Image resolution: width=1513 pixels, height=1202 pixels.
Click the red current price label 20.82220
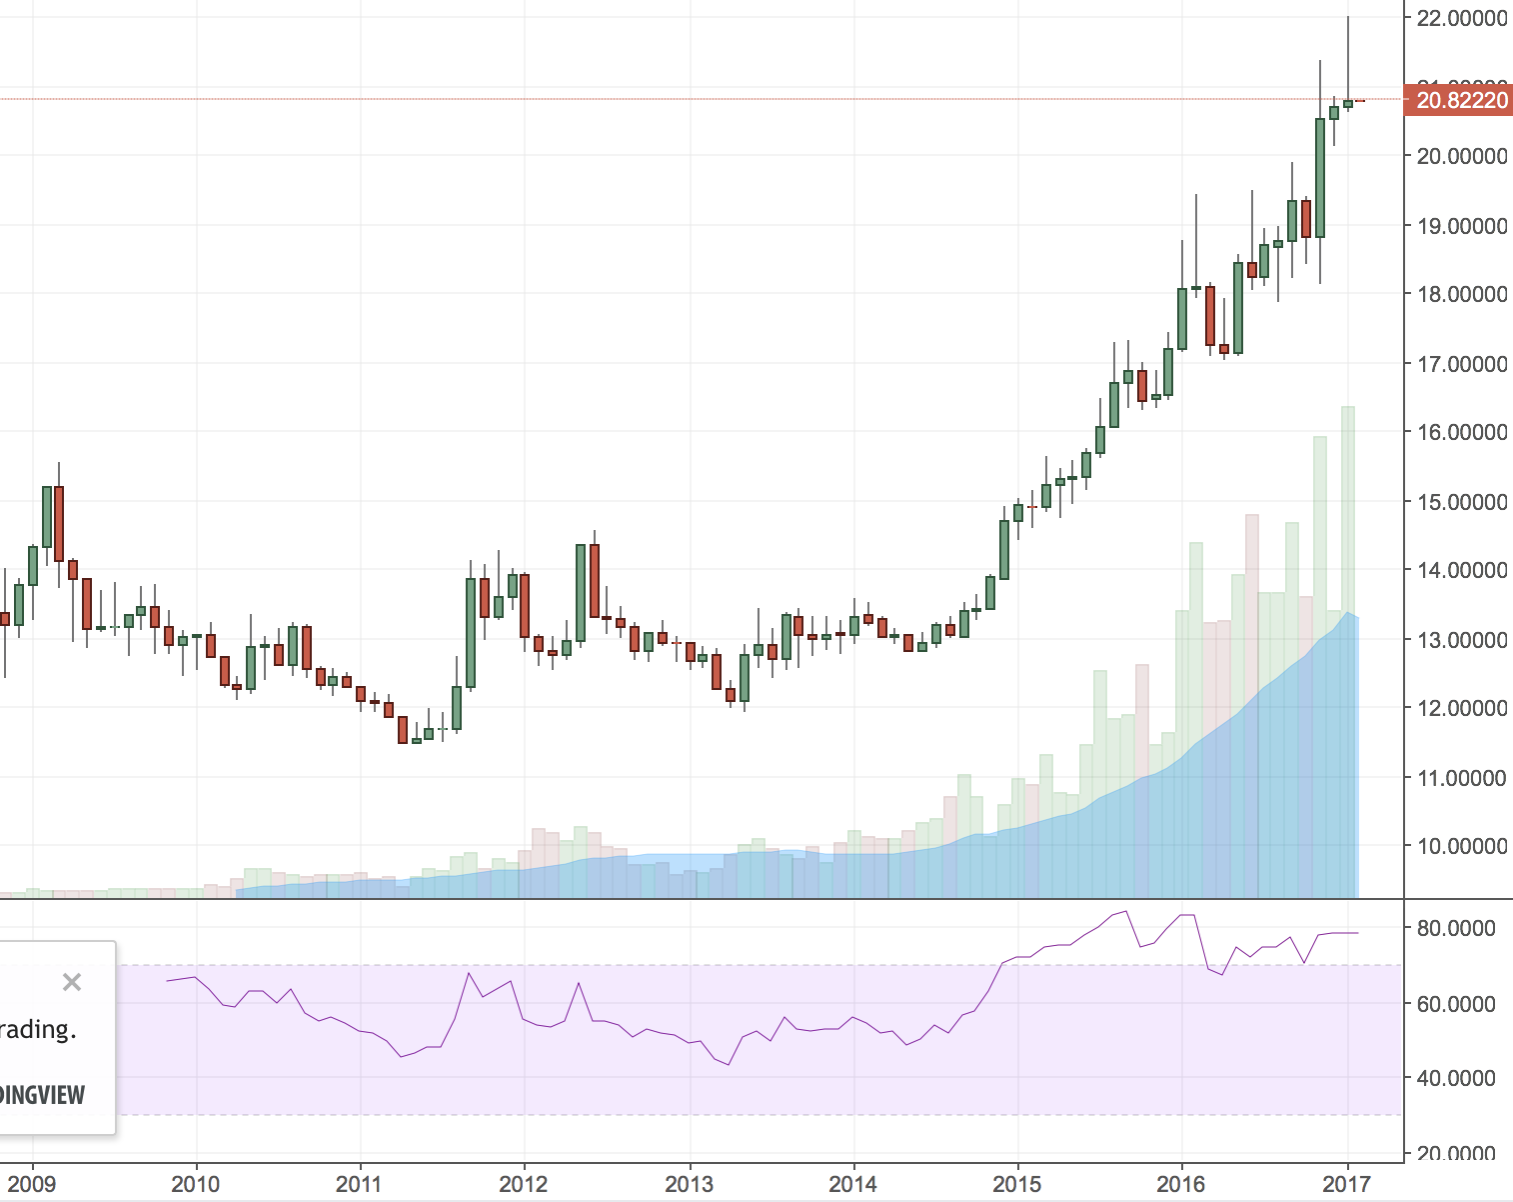[x=1461, y=100]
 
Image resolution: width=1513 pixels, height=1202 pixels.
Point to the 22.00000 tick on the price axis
[x=1461, y=18]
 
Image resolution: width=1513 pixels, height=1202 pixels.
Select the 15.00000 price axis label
[x=1461, y=502]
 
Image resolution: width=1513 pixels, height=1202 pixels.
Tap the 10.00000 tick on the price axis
[x=1461, y=846]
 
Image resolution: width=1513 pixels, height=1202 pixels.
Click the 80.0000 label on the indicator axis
[x=1456, y=928]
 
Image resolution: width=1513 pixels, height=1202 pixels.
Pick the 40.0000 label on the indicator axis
[x=1456, y=1078]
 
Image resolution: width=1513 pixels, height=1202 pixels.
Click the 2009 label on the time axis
[x=32, y=1184]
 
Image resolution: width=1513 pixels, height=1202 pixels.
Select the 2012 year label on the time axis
[x=524, y=1184]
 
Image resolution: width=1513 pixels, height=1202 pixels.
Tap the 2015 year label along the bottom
[x=1016, y=1184]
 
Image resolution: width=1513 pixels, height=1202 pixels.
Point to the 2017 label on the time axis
[x=1345, y=1184]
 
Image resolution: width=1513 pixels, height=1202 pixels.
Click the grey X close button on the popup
[x=72, y=982]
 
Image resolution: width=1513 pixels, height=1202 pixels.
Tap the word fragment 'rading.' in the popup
[x=38, y=1029]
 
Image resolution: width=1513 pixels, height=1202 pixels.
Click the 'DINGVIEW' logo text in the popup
[x=42, y=1095]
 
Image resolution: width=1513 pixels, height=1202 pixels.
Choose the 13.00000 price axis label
[x=1461, y=640]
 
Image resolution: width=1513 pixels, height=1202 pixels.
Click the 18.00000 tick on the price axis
[x=1461, y=294]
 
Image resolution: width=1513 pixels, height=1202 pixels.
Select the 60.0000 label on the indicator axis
[x=1456, y=1004]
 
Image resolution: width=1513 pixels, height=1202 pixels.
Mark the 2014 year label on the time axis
[x=852, y=1184]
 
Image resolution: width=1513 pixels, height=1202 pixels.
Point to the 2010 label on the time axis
[x=195, y=1184]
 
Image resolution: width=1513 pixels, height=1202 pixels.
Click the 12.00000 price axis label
[x=1461, y=708]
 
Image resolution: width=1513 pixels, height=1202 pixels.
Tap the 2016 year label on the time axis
[x=1180, y=1184]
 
